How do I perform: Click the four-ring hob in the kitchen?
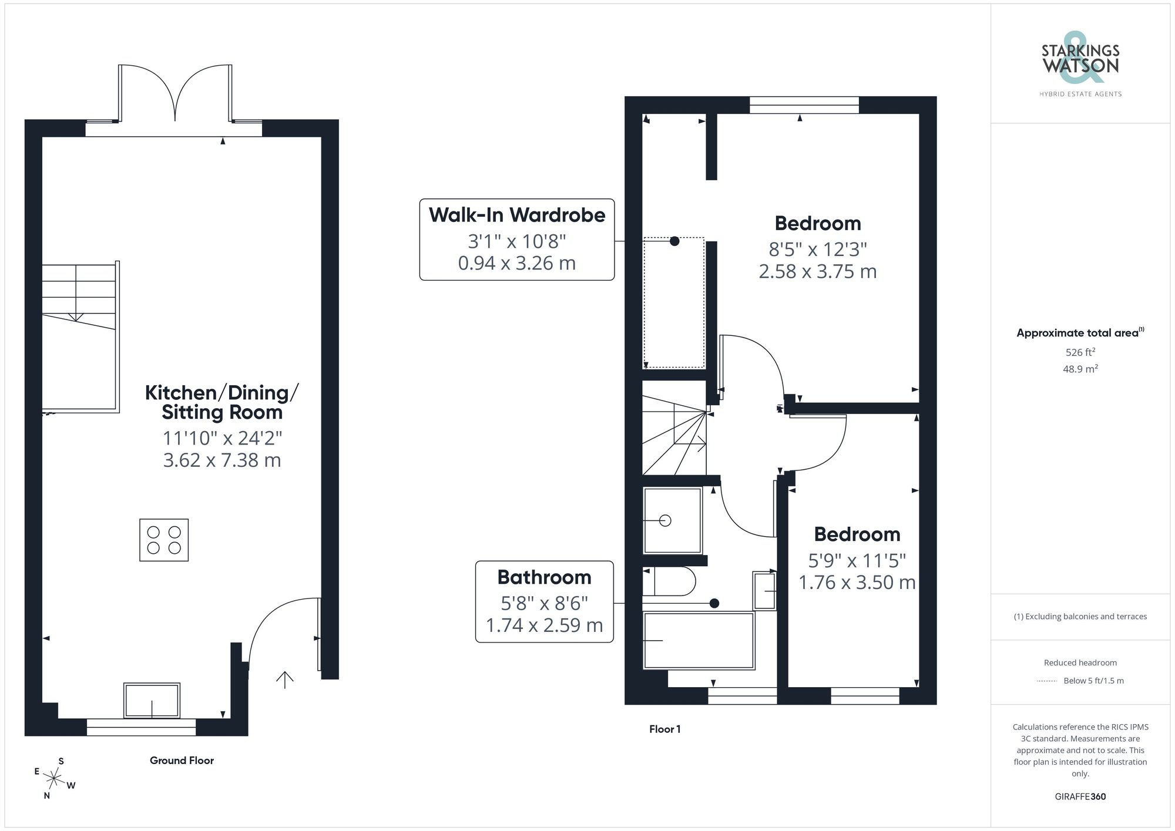[x=164, y=540]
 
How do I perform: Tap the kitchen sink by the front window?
[x=152, y=700]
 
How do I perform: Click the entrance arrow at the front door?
[x=285, y=679]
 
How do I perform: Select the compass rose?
[x=54, y=779]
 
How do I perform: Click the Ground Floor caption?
[x=182, y=761]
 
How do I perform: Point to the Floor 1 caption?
[x=664, y=729]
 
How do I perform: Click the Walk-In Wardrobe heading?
[x=516, y=215]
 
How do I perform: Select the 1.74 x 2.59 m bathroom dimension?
[x=544, y=625]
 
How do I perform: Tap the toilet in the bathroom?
[x=670, y=581]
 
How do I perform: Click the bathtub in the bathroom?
[x=699, y=641]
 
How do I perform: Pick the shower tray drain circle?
[x=665, y=520]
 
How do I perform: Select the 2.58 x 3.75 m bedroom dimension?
[x=817, y=271]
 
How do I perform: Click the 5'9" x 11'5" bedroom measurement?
[x=857, y=560]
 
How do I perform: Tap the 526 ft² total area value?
[x=1080, y=352]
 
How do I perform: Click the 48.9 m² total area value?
[x=1080, y=369]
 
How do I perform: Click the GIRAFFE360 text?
[x=1080, y=797]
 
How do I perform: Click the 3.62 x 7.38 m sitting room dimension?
[x=222, y=460]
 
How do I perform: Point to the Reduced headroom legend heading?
[x=1080, y=662]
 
